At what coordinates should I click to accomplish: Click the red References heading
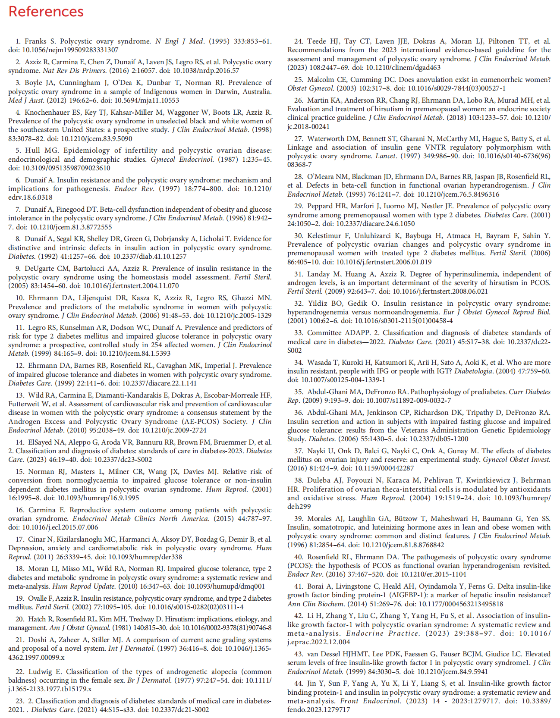(x=46, y=12)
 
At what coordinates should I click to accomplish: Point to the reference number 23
(x=20, y=701)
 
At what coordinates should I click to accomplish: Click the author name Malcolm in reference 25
(x=321, y=80)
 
